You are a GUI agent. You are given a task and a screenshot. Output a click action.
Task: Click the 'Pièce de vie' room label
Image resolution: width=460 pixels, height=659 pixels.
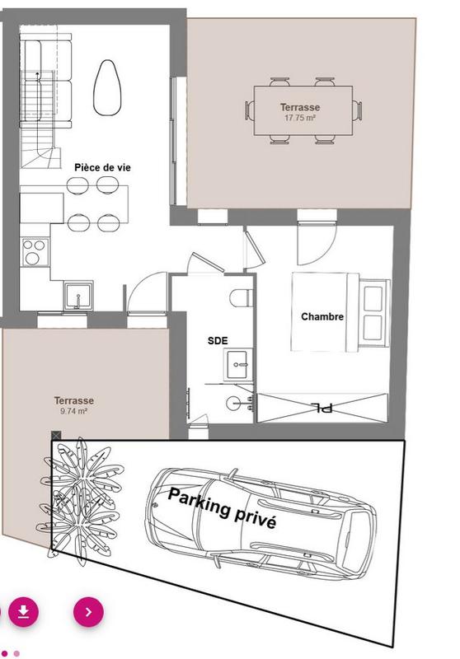[102, 167]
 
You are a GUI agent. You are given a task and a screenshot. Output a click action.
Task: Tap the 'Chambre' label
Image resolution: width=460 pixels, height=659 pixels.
[322, 316]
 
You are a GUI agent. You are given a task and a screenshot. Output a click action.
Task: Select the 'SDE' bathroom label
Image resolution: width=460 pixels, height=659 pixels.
[218, 340]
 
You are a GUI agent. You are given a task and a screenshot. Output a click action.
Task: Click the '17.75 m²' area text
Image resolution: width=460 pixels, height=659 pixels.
[301, 119]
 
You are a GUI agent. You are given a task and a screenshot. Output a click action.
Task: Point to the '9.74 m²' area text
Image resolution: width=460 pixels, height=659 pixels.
[74, 410]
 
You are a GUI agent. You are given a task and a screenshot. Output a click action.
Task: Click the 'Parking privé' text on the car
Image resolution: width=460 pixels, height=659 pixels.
[222, 507]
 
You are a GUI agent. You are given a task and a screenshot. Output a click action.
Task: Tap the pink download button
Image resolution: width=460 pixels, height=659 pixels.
[24, 611]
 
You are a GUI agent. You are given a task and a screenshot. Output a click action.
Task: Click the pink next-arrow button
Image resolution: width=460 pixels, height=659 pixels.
[89, 611]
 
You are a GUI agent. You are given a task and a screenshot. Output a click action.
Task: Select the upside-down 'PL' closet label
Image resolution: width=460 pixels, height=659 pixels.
[322, 407]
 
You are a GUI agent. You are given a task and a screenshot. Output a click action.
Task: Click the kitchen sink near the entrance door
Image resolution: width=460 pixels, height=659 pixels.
[77, 294]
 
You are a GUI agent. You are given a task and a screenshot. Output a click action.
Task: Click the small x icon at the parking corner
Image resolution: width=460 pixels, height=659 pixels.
[56, 435]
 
